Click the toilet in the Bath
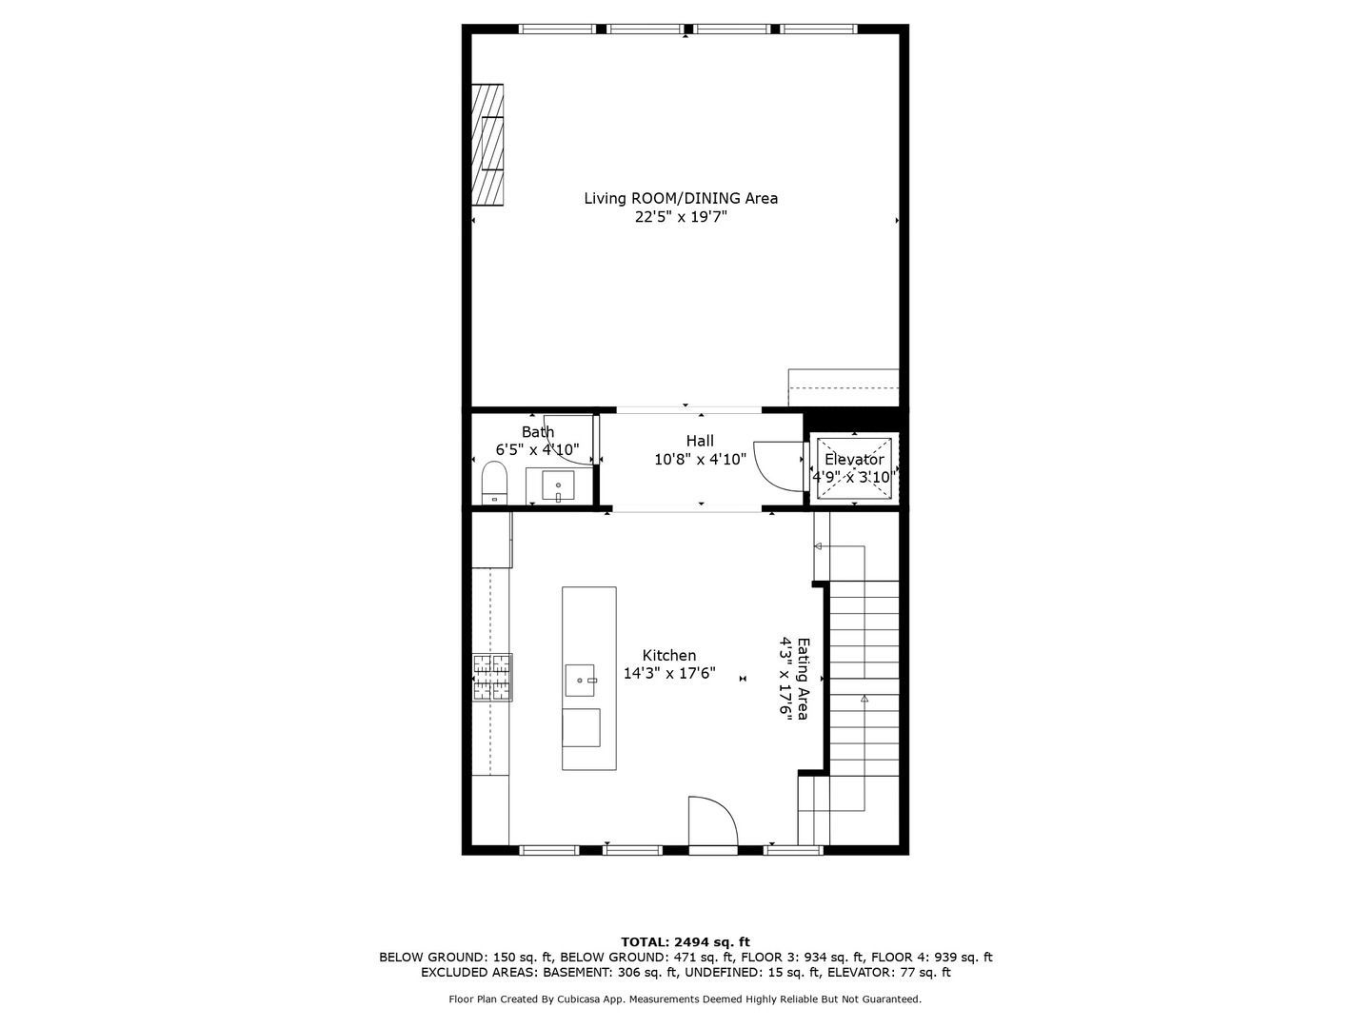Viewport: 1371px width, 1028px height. (494, 482)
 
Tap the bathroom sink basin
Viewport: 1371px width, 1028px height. (558, 486)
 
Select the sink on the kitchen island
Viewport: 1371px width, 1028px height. (580, 680)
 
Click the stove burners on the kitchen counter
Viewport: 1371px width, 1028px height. (492, 677)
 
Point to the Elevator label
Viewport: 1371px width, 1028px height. (854, 460)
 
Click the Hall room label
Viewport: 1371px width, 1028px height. (700, 441)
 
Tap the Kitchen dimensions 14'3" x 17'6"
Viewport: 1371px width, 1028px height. (669, 674)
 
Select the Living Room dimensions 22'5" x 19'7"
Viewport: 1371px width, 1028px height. (681, 217)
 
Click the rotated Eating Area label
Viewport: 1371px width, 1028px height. (804, 679)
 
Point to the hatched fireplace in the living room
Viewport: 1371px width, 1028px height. (487, 145)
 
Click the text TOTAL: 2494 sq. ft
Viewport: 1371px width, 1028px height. (685, 942)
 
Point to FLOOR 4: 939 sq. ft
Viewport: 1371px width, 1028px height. (931, 957)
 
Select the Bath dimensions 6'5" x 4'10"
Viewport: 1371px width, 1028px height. (537, 449)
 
